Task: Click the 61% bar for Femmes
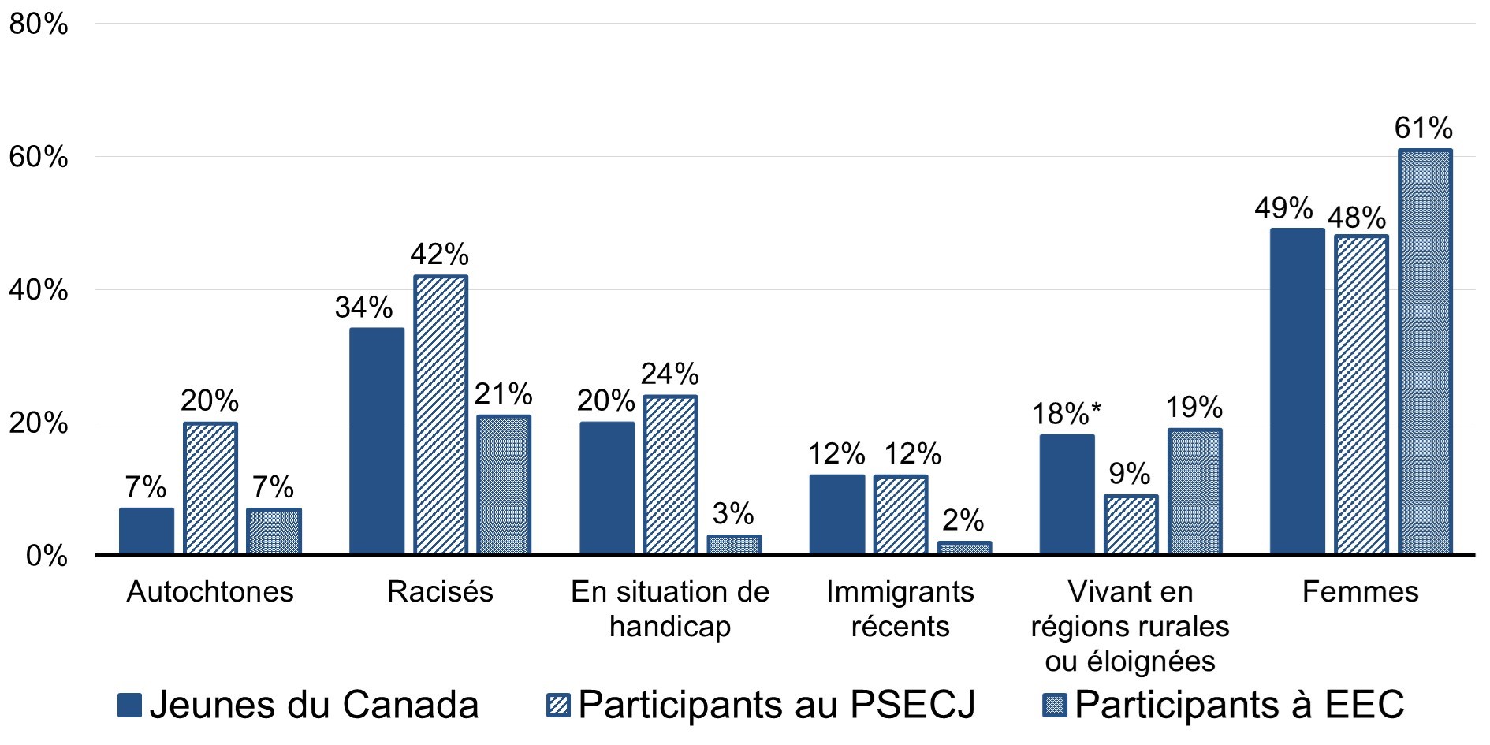coord(1425,352)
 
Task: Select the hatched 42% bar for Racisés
coord(440,415)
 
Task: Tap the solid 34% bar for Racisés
coord(376,441)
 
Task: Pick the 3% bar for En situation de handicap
coord(734,546)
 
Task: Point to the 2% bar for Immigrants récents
coord(964,548)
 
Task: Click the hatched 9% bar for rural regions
coord(1131,525)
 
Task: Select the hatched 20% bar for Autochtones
coord(210,489)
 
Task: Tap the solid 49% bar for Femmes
coord(1297,392)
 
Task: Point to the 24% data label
coord(669,374)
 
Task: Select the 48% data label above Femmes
coord(1357,217)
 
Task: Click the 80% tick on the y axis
coord(38,24)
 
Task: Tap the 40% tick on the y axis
coord(38,290)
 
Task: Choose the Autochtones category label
coord(210,591)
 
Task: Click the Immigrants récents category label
coord(900,609)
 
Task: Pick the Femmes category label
coord(1360,591)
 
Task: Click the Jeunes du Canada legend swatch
coord(130,705)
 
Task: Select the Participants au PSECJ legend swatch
coord(558,705)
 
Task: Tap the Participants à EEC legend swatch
coord(1055,705)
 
